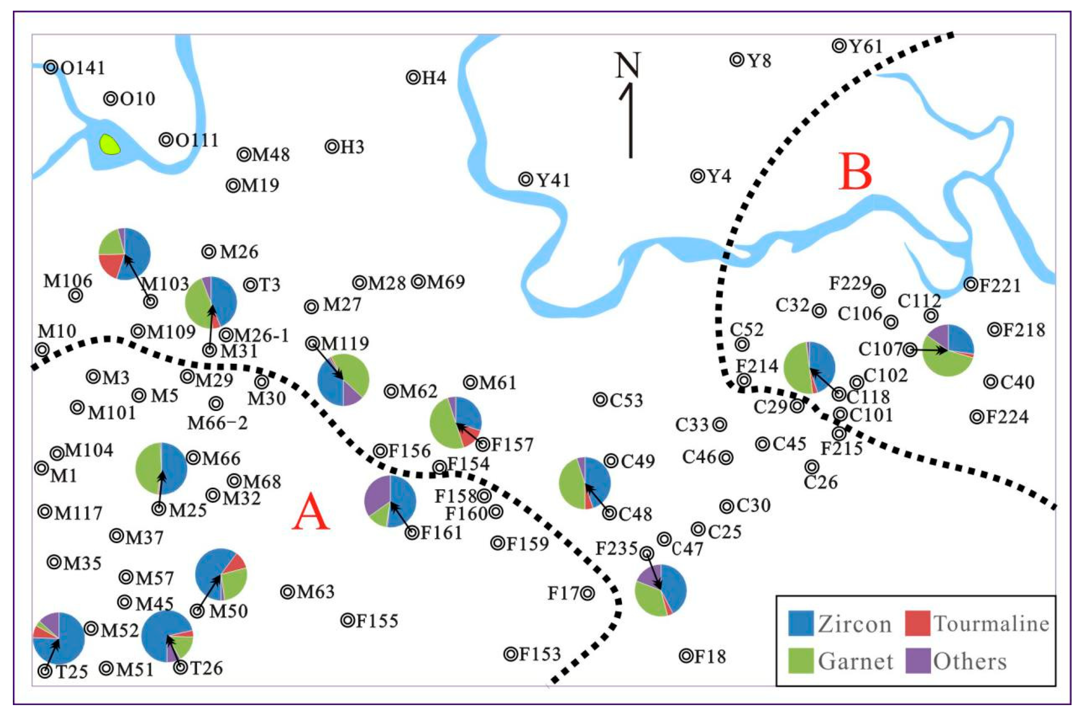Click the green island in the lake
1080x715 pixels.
pos(110,144)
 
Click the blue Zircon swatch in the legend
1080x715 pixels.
pos(801,623)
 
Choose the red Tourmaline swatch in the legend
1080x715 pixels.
pos(917,623)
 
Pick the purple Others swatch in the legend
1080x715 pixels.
pos(917,661)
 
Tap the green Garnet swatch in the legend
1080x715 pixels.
pos(801,661)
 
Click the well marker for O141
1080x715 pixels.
pos(51,67)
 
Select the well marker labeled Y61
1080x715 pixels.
pos(839,45)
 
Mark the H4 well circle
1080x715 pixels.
pos(413,78)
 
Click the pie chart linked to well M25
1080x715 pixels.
pos(161,468)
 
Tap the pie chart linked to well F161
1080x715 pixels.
pos(390,501)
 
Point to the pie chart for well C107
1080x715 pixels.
pos(948,350)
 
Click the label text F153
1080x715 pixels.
pos(539,654)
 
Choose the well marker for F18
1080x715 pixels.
pos(686,656)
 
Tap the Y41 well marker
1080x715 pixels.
pos(526,179)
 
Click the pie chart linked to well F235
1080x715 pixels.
pos(660,591)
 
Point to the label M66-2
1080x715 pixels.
pos(218,424)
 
